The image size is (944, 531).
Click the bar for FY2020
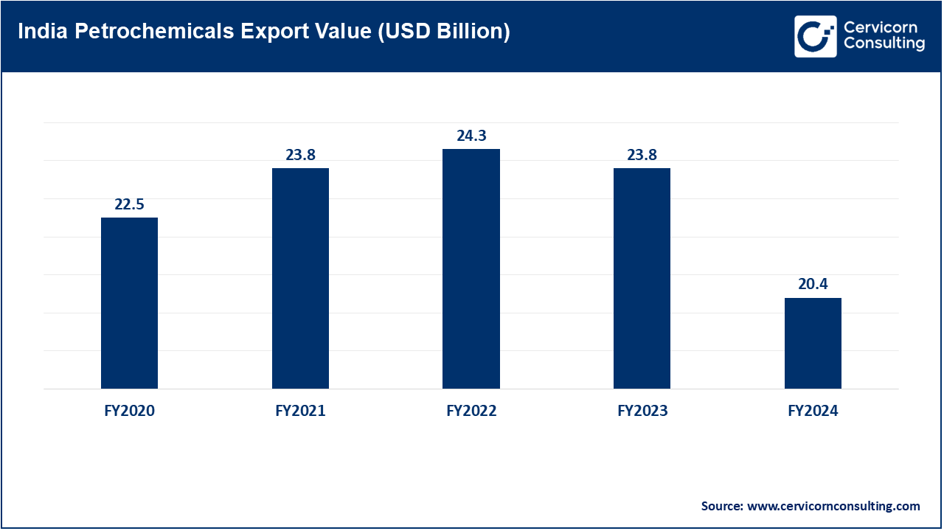(129, 302)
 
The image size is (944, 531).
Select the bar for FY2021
(300, 278)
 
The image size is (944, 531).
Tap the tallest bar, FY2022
(471, 268)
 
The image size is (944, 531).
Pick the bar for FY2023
(642, 278)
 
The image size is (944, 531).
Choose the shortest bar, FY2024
(813, 343)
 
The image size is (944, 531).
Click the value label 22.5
(129, 204)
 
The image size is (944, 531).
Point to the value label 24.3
(471, 136)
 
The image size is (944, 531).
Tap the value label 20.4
(813, 285)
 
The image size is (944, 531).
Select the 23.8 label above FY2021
(300, 155)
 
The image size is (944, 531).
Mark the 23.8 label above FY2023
(642, 155)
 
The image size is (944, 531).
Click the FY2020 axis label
(129, 411)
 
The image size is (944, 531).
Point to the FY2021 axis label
(300, 411)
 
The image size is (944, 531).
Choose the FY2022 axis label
(471, 411)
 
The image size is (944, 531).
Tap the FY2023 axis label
(642, 411)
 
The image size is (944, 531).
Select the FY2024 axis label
(813, 411)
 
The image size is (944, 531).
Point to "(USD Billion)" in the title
(444, 32)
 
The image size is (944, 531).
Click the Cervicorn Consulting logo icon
(815, 35)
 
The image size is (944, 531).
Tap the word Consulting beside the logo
(884, 44)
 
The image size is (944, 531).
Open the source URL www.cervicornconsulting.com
(833, 506)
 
